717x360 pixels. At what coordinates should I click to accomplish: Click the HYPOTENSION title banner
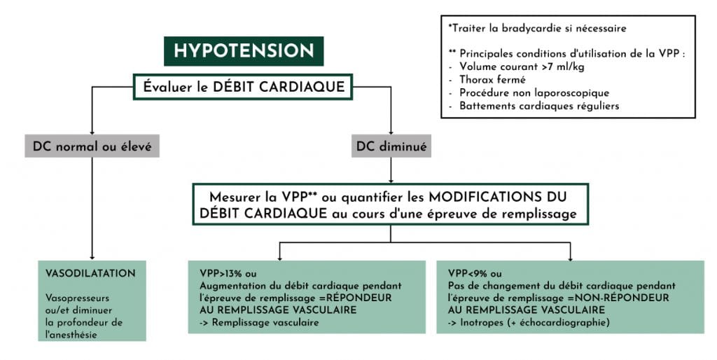[244, 50]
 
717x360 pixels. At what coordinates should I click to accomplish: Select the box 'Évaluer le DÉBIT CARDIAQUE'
[243, 86]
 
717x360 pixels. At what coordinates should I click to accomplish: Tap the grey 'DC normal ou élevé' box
[92, 146]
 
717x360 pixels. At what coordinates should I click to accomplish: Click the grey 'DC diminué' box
[391, 146]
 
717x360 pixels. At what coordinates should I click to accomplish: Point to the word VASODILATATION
[90, 274]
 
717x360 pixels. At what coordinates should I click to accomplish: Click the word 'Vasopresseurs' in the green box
[77, 298]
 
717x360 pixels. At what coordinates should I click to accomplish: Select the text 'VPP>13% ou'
[228, 274]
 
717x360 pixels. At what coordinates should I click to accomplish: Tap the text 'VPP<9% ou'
[475, 274]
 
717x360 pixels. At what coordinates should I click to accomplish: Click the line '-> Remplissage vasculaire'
[259, 322]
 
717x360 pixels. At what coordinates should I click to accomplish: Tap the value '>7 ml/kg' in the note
[564, 67]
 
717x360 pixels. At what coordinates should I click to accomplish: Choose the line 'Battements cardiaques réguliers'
[539, 106]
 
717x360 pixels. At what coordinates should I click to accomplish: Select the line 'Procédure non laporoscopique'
[534, 93]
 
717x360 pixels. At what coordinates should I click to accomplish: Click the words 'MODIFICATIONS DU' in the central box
[498, 197]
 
